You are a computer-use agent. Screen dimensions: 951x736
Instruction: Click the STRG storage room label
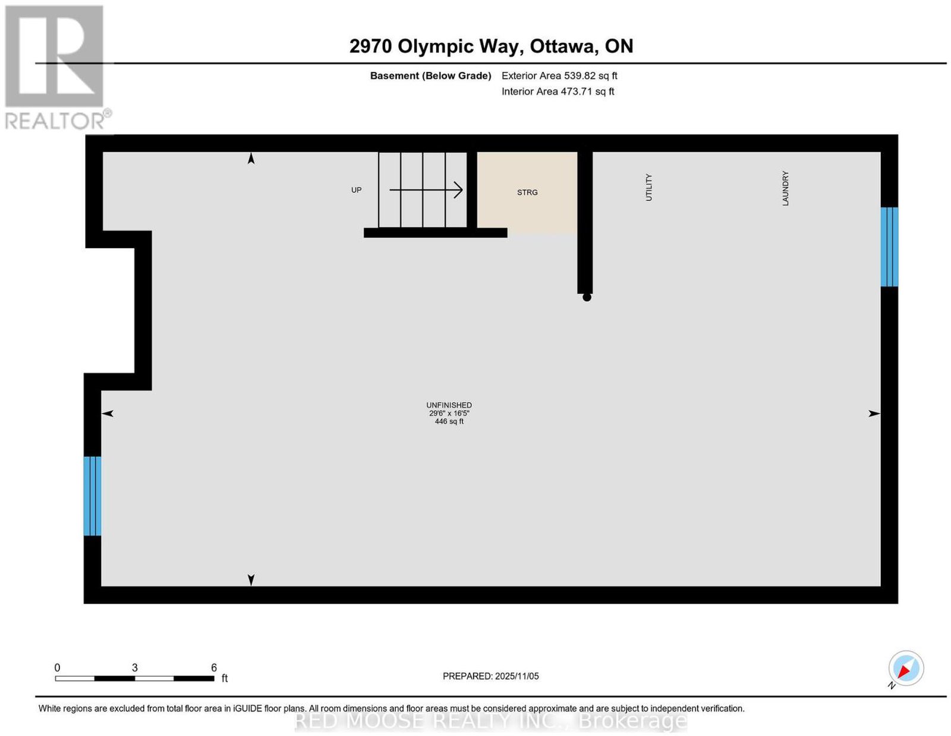pyautogui.click(x=527, y=192)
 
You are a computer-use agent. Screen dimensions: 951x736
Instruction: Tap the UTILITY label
pyautogui.click(x=648, y=187)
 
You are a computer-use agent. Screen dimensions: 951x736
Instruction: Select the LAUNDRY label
pyautogui.click(x=785, y=188)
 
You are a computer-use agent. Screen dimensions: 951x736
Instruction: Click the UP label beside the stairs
pyautogui.click(x=356, y=190)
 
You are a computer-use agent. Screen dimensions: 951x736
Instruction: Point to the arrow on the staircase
pyautogui.click(x=426, y=190)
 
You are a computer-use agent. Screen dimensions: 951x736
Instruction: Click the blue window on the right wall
pyautogui.click(x=889, y=247)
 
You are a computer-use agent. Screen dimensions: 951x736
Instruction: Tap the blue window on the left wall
pyautogui.click(x=92, y=496)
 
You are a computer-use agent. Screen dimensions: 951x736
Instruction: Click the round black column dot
pyautogui.click(x=587, y=298)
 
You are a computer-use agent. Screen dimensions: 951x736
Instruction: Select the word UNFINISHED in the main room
pyautogui.click(x=449, y=405)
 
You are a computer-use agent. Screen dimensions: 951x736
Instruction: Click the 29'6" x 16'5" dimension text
pyautogui.click(x=449, y=413)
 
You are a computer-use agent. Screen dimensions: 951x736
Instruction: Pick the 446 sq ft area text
pyautogui.click(x=449, y=421)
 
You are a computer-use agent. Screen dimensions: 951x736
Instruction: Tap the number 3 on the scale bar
pyautogui.click(x=135, y=668)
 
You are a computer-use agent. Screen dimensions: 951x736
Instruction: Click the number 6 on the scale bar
pyautogui.click(x=214, y=668)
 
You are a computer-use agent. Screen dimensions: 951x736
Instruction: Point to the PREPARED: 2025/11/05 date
pyautogui.click(x=490, y=676)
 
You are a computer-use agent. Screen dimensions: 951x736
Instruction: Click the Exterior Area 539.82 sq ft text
pyautogui.click(x=559, y=75)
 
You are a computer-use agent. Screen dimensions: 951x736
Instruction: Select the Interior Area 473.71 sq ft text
pyautogui.click(x=558, y=91)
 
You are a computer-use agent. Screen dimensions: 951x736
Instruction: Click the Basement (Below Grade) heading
pyautogui.click(x=431, y=75)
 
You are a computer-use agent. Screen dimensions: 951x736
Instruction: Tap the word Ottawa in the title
pyautogui.click(x=564, y=46)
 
